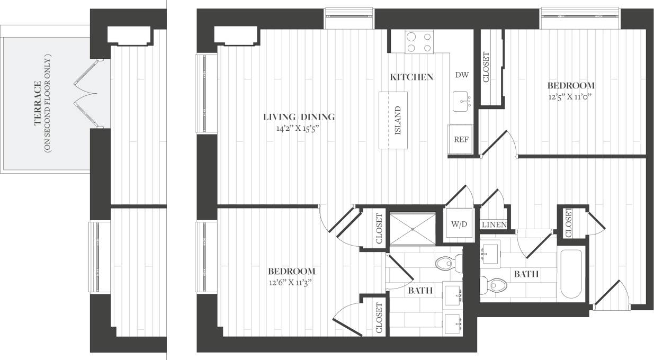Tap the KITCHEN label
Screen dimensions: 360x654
click(x=411, y=77)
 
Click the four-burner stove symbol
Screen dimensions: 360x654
click(x=419, y=42)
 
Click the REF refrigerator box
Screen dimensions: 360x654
click(x=460, y=140)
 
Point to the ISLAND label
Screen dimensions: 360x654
click(x=398, y=120)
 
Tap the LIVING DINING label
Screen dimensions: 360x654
click(x=300, y=117)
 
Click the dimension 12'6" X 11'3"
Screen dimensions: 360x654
click(x=289, y=282)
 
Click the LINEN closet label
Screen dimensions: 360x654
click(x=494, y=225)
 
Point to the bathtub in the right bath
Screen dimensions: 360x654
click(x=571, y=274)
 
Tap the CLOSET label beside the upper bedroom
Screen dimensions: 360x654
click(x=486, y=67)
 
